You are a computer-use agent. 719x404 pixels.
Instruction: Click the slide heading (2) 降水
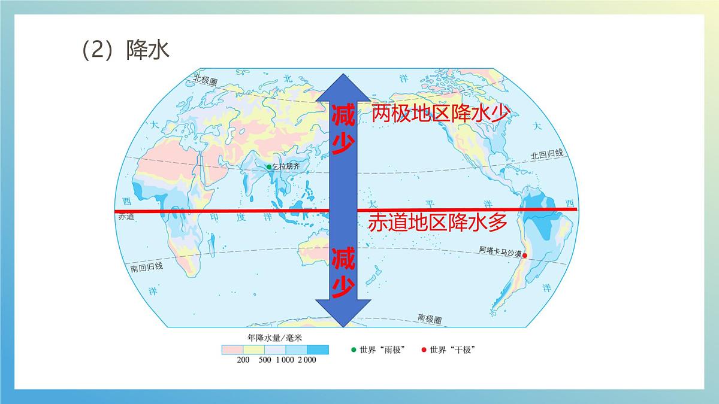point(126,50)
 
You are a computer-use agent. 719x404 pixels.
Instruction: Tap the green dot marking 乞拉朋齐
point(269,167)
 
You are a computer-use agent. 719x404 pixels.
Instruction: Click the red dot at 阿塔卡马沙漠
point(525,256)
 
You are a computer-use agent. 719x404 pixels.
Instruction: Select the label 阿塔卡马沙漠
point(500,250)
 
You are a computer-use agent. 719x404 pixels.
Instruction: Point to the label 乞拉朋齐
point(285,167)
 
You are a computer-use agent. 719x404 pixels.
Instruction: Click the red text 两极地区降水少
point(440,114)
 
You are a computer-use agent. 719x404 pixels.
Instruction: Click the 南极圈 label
point(429,318)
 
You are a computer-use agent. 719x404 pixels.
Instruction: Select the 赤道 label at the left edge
point(126,217)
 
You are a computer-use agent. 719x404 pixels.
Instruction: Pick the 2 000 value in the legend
point(305,360)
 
